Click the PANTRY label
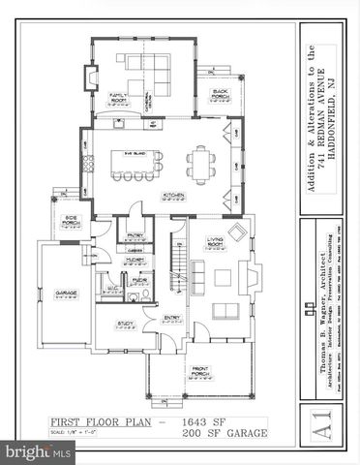tap(135, 233)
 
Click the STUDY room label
tap(126, 324)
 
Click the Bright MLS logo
tap(38, 452)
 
